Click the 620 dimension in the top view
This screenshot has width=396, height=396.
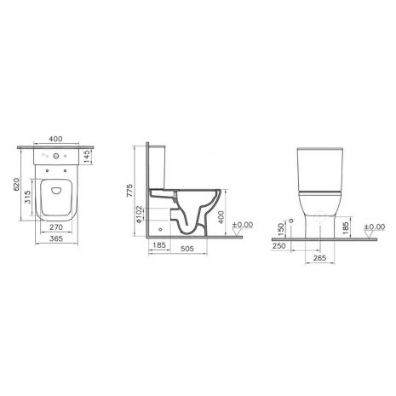coord(17,184)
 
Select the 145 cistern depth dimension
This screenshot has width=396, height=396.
coord(87,157)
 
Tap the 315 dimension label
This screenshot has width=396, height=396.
coord(28,197)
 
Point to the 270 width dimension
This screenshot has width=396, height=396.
coord(56,227)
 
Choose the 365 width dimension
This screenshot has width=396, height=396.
coord(56,238)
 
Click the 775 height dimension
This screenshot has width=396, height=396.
coord(129,191)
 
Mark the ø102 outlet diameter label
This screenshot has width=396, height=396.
coord(139,214)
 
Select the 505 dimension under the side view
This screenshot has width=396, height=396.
coord(187,249)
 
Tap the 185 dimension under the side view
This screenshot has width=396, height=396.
coord(159,244)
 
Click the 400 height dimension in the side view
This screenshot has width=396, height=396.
coord(221,217)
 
